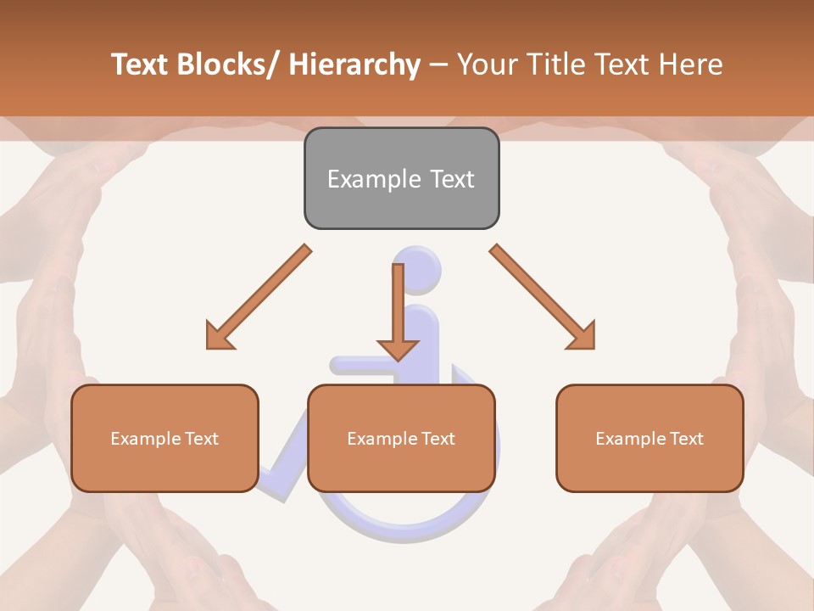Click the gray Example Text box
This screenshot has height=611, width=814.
pos(401,178)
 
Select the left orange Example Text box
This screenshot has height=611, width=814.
pos(164,438)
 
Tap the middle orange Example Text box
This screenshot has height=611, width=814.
pos(401,438)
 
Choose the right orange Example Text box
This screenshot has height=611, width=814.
pos(650,438)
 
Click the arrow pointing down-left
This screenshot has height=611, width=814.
pos(259,297)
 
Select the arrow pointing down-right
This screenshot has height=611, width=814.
pos(543,297)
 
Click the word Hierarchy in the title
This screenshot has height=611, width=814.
pos(354,64)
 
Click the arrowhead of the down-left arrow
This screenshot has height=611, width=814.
pos(220,335)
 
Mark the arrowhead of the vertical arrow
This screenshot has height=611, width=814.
pos(398,349)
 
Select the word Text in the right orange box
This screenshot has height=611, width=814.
pos(686,438)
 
